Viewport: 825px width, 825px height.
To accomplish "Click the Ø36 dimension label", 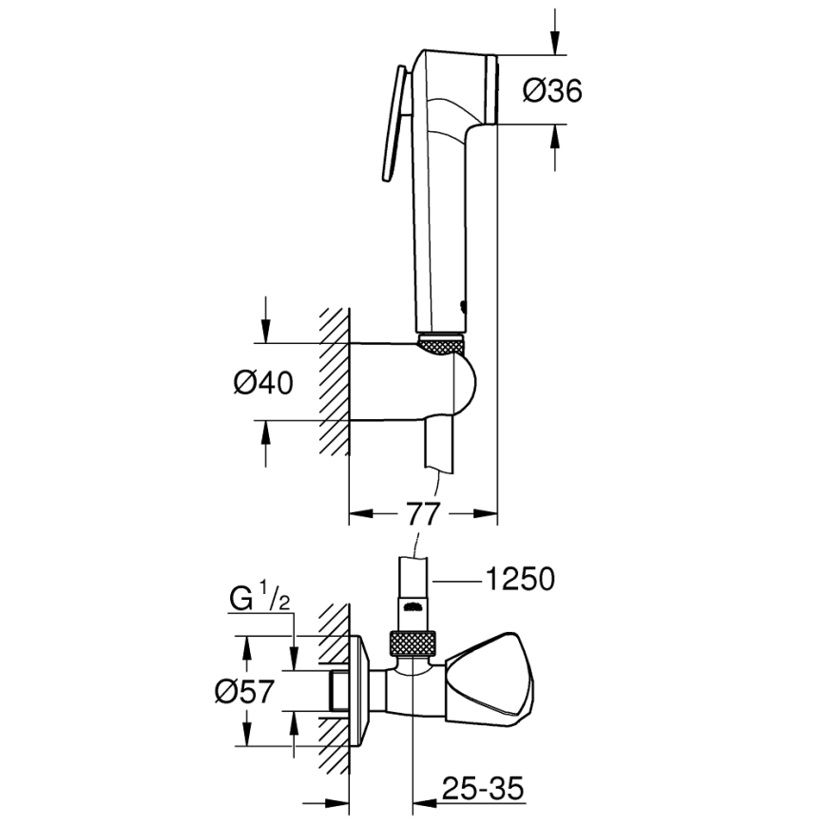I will pyautogui.click(x=552, y=91).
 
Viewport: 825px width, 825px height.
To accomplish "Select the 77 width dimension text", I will pyautogui.click(x=423, y=514).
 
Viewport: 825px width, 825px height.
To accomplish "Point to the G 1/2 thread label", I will pyautogui.click(x=256, y=601).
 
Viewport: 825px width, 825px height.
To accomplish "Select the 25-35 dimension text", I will pyautogui.click(x=481, y=788).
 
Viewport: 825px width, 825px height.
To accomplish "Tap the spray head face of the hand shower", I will pyautogui.click(x=491, y=91).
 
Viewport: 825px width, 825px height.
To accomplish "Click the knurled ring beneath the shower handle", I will pyautogui.click(x=442, y=344).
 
